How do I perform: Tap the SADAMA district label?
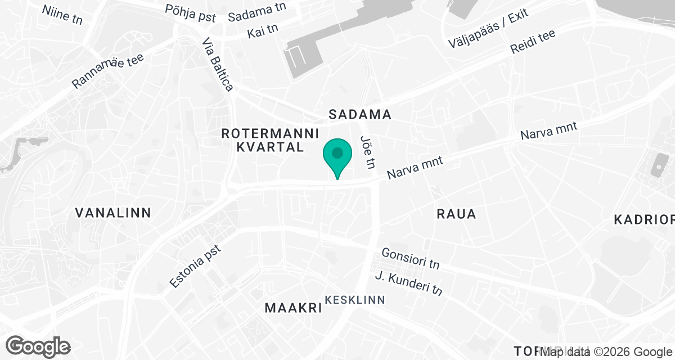click(360, 115)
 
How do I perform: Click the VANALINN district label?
click(114, 213)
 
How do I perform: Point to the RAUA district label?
click(456, 214)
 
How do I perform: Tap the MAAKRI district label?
click(293, 308)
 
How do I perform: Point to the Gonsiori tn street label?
click(411, 258)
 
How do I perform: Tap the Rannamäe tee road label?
click(108, 70)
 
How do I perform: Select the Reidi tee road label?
click(532, 42)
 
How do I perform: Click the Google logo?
click(38, 345)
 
